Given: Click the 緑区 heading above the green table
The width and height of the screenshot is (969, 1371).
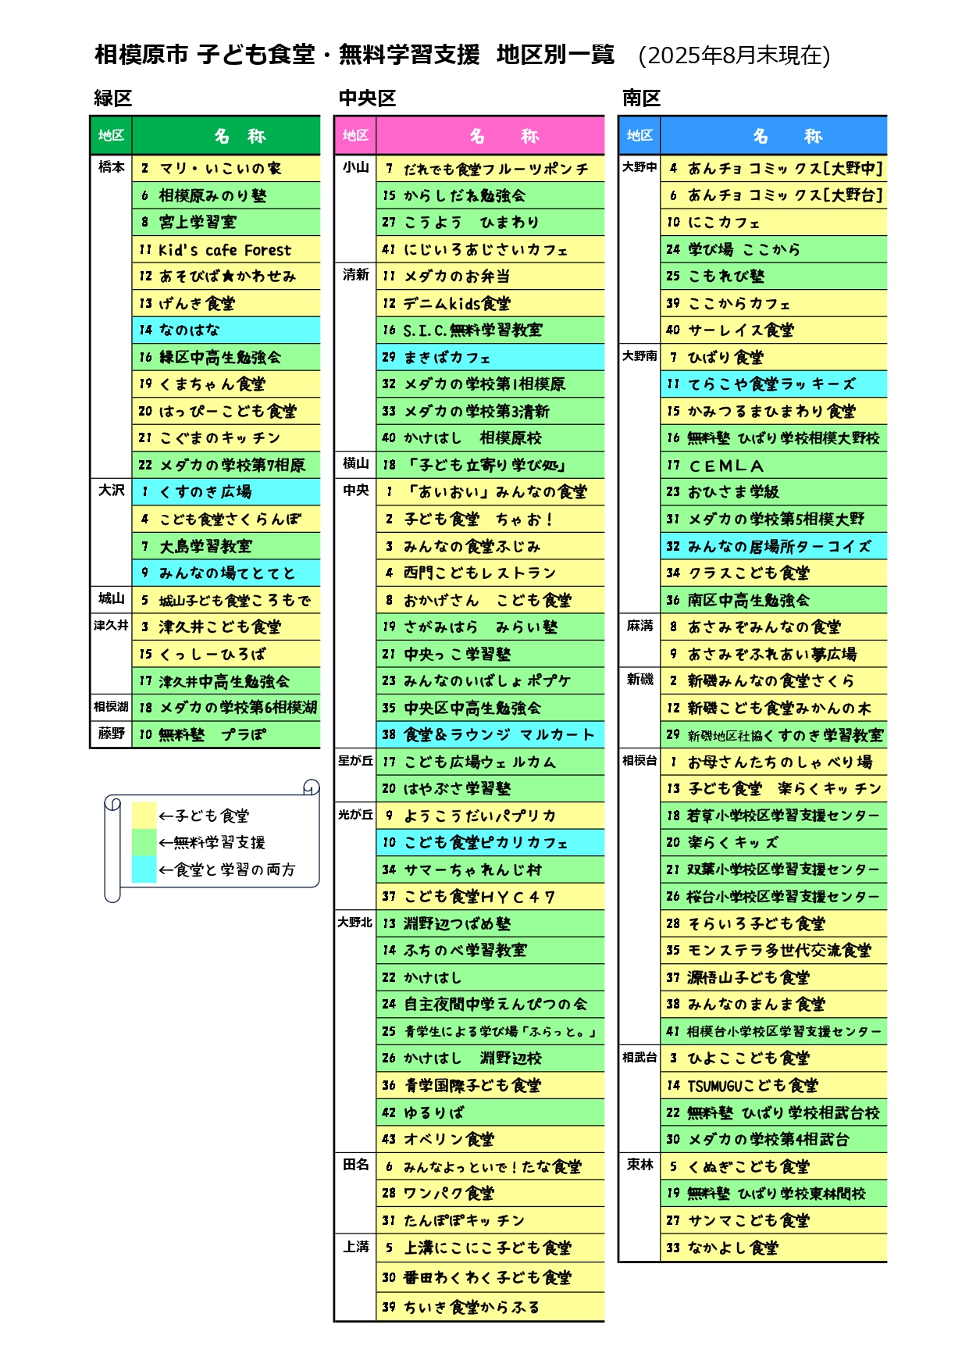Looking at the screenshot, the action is click(x=113, y=98).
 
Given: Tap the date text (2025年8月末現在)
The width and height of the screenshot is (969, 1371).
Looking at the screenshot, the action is click(x=734, y=55).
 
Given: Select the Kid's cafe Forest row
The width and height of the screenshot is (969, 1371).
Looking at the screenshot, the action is click(x=226, y=249).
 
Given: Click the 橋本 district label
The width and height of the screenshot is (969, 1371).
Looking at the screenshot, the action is click(x=112, y=166).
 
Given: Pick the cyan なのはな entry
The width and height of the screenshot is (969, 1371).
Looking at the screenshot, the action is click(x=226, y=330).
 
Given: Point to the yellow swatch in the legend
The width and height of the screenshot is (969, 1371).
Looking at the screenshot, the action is click(x=144, y=815).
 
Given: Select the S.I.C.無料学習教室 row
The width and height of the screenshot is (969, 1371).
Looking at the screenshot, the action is click(x=490, y=330).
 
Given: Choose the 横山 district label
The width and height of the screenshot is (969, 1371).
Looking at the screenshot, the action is click(x=356, y=463).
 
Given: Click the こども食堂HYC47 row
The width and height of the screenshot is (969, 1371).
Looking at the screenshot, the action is click(x=490, y=896).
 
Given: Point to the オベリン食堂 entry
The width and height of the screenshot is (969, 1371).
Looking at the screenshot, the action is click(x=490, y=1139).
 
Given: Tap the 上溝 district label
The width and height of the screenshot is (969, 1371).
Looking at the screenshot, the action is click(x=356, y=1247).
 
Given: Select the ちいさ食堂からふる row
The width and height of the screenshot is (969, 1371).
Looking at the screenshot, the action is click(x=490, y=1307).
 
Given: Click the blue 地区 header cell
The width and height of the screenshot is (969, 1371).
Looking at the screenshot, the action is click(x=639, y=135).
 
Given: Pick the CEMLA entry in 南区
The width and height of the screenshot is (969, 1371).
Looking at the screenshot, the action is click(x=774, y=465).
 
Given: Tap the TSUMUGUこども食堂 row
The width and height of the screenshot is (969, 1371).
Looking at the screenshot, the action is click(x=774, y=1085).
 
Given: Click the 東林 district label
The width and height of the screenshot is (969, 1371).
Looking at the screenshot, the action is click(x=640, y=1165).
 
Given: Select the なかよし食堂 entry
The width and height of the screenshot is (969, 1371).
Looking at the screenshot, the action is click(x=774, y=1248).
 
